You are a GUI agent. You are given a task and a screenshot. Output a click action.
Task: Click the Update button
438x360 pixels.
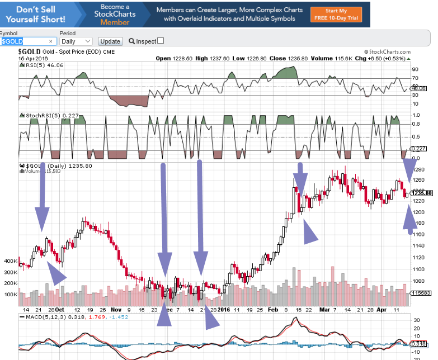coord(110,41)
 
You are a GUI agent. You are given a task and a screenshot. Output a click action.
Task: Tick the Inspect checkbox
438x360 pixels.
coord(161,41)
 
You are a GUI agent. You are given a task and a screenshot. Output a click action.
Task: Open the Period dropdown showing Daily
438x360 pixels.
coord(76,41)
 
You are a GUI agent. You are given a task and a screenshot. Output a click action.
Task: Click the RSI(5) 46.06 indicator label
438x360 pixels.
coord(37,65)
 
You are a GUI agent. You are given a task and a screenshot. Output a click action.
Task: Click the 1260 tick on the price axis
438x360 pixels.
coord(418,179)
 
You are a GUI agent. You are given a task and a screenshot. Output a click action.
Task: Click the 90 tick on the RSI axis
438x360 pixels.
coord(416,70)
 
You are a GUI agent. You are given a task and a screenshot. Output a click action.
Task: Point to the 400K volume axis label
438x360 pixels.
coord(11,261)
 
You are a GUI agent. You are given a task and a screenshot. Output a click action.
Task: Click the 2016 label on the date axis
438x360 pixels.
coord(224,309)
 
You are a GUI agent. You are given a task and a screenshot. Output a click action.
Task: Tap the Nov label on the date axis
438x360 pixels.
coord(116,309)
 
